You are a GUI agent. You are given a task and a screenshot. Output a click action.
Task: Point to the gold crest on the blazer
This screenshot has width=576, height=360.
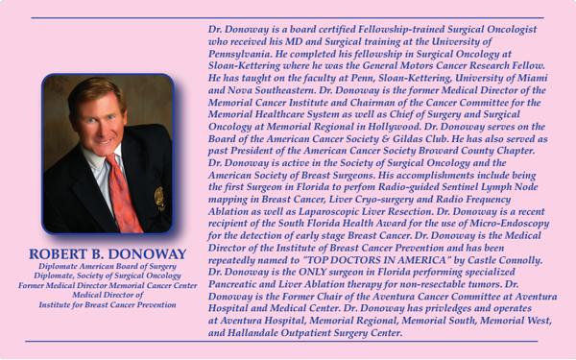[x=159, y=198]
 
